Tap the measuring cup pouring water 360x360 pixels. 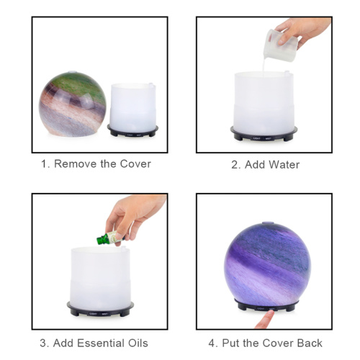tap(280, 45)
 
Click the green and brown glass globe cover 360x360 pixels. tap(73, 104)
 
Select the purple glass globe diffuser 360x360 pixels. tap(267, 267)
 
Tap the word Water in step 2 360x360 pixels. tap(284, 165)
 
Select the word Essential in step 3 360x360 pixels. tap(101, 343)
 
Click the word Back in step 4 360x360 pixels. tap(310, 343)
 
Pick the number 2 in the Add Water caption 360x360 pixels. tap(235, 165)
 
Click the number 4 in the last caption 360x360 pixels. tap(212, 343)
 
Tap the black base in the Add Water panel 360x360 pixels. tap(264, 135)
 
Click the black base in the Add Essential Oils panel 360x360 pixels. tap(100, 310)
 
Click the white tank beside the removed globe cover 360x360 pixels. tap(132, 107)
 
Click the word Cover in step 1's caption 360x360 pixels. tap(135, 164)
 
